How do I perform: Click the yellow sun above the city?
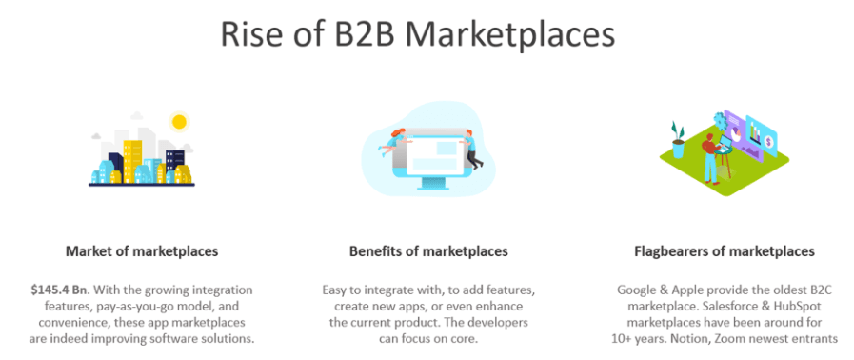[177, 121]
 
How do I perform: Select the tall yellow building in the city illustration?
[131, 157]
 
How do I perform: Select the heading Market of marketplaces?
[142, 251]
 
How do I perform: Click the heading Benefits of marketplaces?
[427, 251]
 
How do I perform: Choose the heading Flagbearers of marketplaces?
[725, 251]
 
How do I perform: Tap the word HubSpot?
[799, 305]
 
